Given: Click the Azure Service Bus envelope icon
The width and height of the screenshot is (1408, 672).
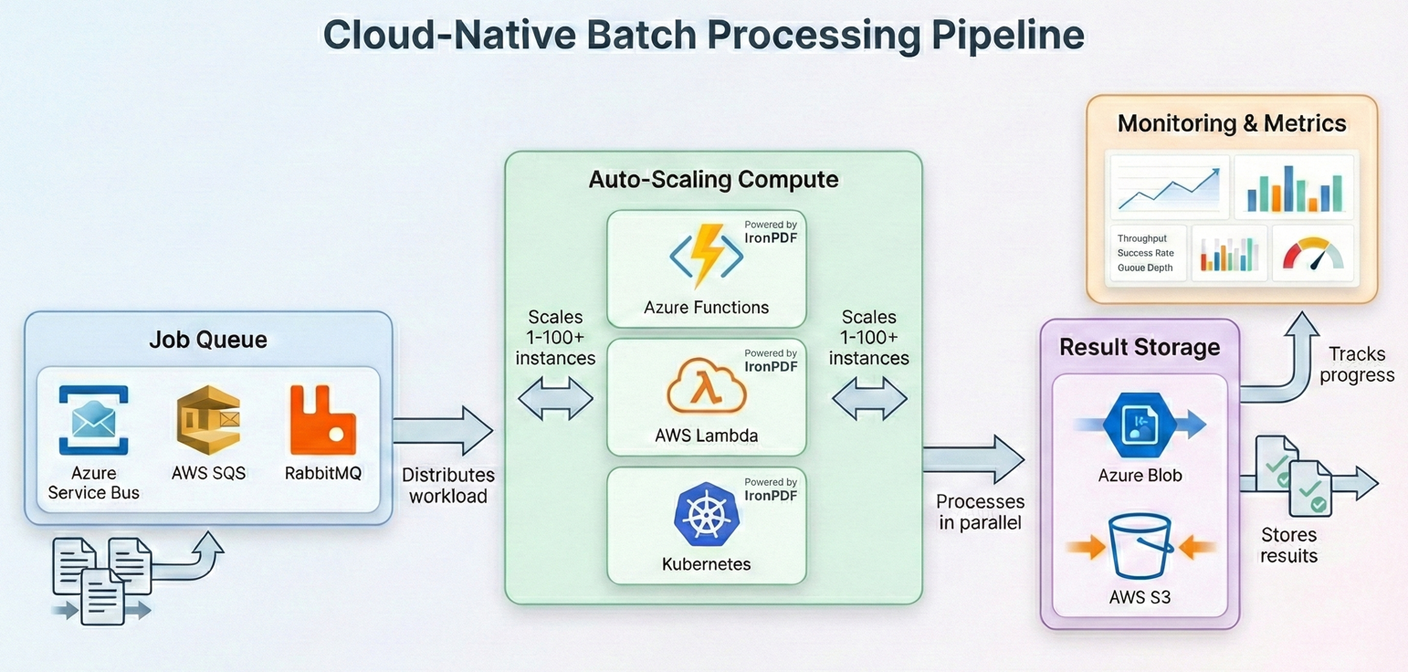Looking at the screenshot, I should pyautogui.click(x=93, y=420).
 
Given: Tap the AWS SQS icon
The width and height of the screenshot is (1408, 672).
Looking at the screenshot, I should pyautogui.click(x=208, y=420).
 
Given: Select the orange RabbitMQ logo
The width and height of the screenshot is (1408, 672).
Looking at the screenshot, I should pyautogui.click(x=322, y=420).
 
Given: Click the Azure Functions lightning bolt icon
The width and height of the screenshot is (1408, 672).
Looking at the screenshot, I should pyautogui.click(x=706, y=256).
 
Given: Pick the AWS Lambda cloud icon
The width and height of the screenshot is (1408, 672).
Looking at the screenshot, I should pyautogui.click(x=706, y=385).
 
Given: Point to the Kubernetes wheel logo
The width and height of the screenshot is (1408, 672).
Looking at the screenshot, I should pyautogui.click(x=706, y=514).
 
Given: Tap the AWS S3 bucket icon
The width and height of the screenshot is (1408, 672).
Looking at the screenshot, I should pyautogui.click(x=1139, y=549).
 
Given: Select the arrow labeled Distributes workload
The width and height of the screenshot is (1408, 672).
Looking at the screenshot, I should pyautogui.click(x=444, y=431).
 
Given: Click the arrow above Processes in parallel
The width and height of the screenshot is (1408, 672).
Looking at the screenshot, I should pyautogui.click(x=973, y=459).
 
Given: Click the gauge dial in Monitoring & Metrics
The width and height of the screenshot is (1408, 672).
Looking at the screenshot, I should pyautogui.click(x=1313, y=252).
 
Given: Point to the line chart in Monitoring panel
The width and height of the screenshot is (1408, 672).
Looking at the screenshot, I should pyautogui.click(x=1168, y=186).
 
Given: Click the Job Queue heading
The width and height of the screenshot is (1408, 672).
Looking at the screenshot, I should pyautogui.click(x=208, y=341).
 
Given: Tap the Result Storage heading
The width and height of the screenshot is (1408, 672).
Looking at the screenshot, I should pyautogui.click(x=1139, y=347).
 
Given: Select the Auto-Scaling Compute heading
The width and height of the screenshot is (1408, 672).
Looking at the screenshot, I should pyautogui.click(x=713, y=179).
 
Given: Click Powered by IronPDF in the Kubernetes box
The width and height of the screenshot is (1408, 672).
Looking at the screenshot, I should pyautogui.click(x=771, y=489).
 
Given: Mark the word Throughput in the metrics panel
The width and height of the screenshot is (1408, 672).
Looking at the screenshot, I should pyautogui.click(x=1141, y=238).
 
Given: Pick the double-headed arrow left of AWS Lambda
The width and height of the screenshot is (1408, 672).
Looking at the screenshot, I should pyautogui.click(x=555, y=399).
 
